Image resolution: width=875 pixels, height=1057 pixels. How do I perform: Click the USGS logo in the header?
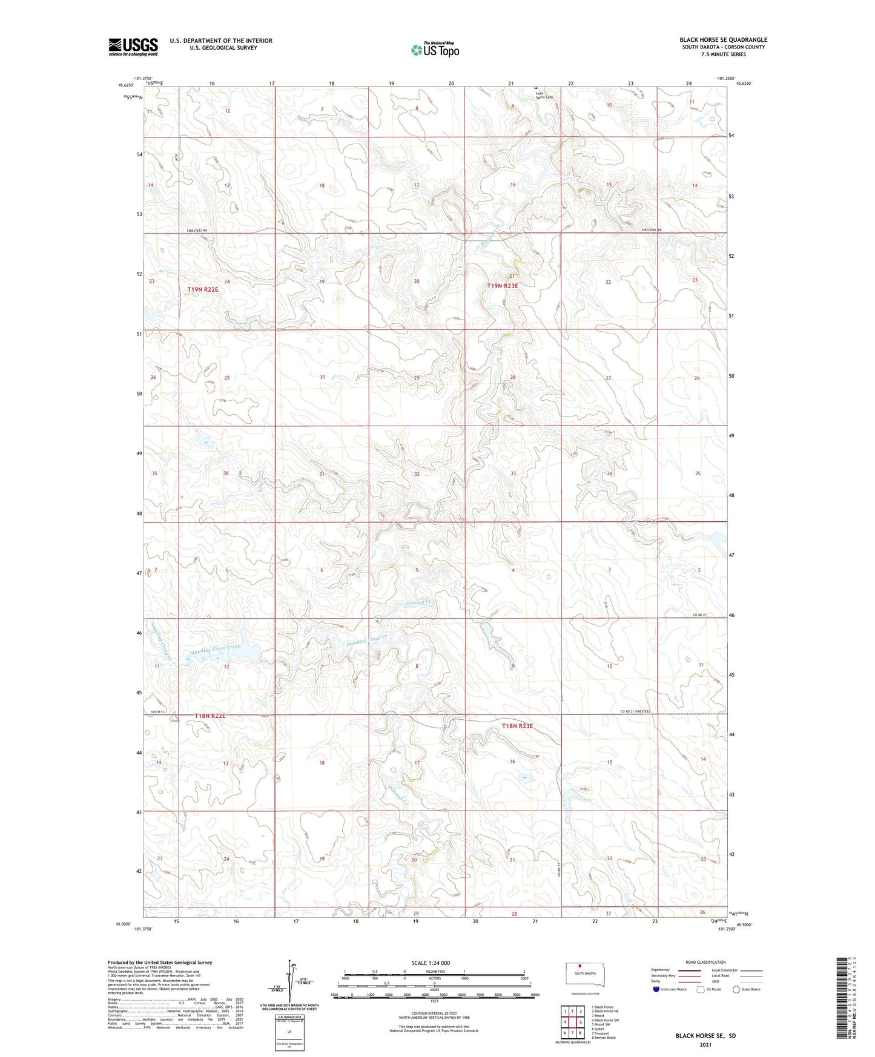point(133,46)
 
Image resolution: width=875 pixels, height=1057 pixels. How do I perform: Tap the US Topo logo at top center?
point(435,50)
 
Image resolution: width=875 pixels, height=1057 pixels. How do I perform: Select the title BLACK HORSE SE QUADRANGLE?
point(723,40)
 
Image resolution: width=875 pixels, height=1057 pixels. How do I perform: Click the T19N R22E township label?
point(202,290)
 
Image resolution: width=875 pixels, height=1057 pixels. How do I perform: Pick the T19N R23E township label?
point(503,286)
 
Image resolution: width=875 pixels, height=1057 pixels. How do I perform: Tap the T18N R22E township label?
point(210,716)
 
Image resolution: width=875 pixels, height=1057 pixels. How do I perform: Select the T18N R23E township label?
point(517,726)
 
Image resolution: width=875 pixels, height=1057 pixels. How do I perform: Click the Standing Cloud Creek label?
point(215,648)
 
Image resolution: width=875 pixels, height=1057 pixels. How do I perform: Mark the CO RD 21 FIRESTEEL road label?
point(638,711)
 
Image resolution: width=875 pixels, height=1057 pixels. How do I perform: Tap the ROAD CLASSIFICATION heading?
point(705,962)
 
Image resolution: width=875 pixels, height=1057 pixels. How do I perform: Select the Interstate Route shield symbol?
point(656,989)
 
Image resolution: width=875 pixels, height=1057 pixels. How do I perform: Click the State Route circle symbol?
point(736,989)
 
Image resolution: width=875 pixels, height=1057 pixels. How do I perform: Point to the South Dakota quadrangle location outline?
point(584,974)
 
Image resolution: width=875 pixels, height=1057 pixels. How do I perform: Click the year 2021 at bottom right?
point(705,1045)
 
